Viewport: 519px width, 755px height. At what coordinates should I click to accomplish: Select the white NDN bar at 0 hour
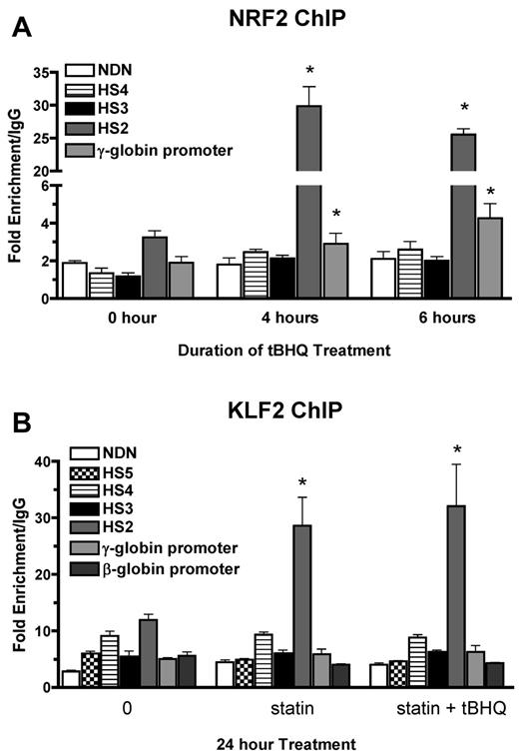pyautogui.click(x=75, y=281)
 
